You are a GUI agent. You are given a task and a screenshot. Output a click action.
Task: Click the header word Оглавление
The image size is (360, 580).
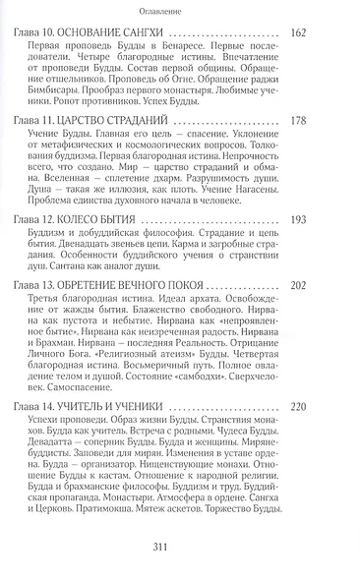click(x=180, y=12)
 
